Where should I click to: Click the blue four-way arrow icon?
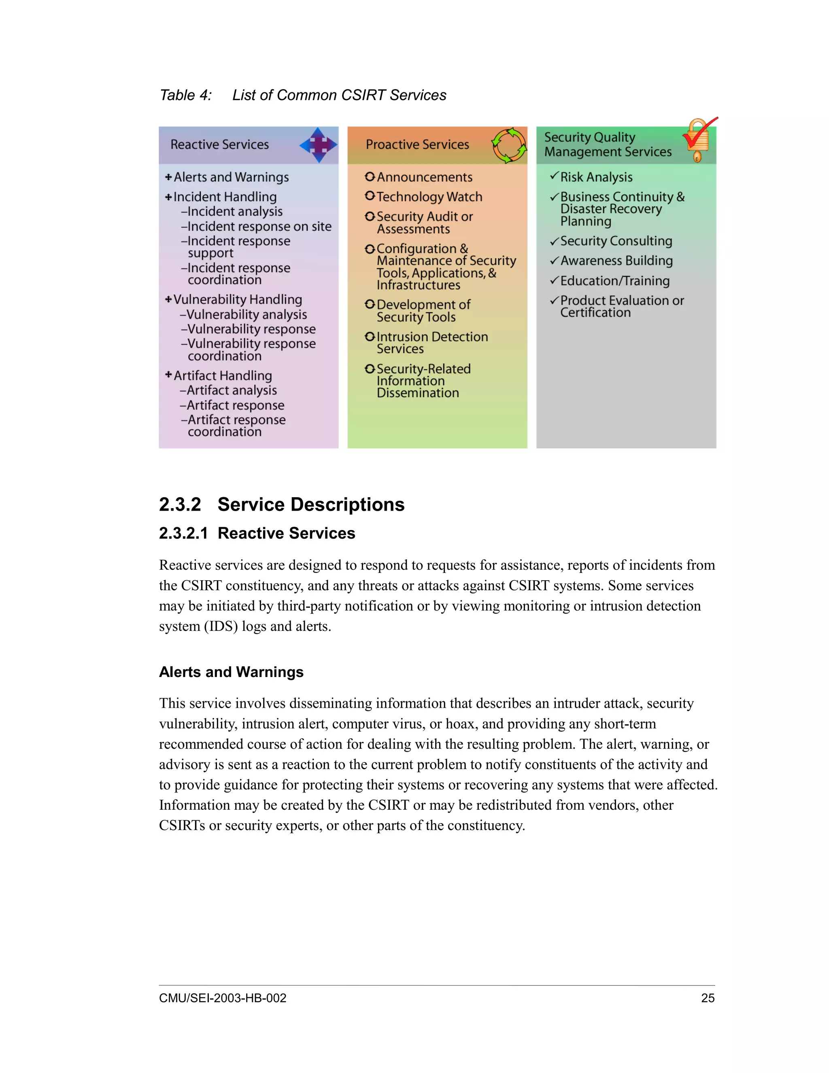coord(318,145)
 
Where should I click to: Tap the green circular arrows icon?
coord(509,145)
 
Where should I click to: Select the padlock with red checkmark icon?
coord(699,140)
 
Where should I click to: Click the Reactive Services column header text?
coord(219,145)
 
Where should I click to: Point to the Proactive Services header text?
coord(417,145)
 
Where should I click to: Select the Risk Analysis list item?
coord(596,177)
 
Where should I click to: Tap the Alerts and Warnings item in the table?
coord(231,177)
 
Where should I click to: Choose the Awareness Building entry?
coord(616,260)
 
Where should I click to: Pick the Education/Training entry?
coord(615,281)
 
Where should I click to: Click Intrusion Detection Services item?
coord(432,343)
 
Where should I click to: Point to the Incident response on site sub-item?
coord(259,226)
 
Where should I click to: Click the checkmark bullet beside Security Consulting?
coord(554,241)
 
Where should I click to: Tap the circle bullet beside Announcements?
coord(370,177)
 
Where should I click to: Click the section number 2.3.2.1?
coord(183,533)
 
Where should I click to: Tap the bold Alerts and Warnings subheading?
coord(231,672)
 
